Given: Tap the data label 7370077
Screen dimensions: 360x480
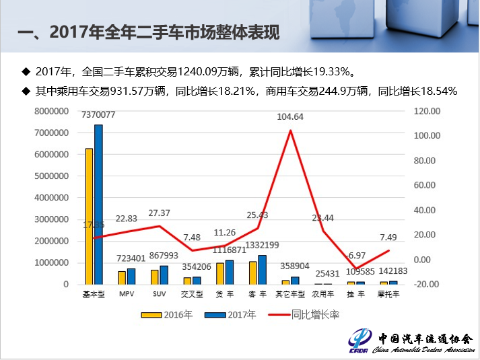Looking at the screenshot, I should coord(98,115).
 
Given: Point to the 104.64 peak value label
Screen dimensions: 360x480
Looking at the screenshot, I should coord(290,116).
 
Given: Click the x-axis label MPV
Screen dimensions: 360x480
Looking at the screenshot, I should coord(127,294).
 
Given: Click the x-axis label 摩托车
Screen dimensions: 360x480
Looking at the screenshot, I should coord(389,294).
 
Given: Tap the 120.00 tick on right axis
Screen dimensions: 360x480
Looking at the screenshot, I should coord(426,112).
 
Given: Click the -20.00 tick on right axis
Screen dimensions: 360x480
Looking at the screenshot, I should coord(426,284).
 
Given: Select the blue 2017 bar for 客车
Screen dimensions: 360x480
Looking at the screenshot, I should coord(263,269).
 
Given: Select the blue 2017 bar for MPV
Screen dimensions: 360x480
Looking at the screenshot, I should coord(131,276).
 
